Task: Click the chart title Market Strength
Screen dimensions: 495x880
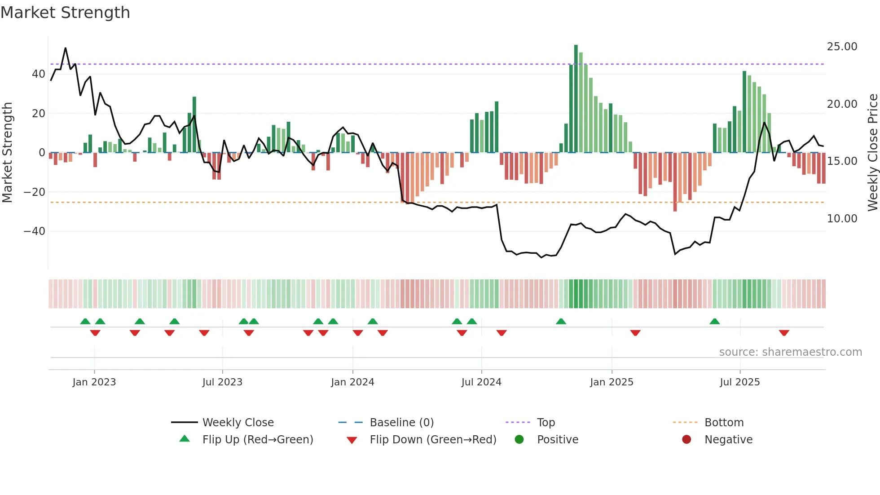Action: click(66, 13)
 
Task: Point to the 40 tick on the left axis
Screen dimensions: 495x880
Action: click(39, 74)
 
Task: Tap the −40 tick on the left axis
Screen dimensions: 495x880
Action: click(35, 231)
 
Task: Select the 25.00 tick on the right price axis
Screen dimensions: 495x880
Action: click(842, 47)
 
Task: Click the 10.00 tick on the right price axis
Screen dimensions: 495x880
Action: click(842, 219)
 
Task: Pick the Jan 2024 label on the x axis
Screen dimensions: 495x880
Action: click(352, 382)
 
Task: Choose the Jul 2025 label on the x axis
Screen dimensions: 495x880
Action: click(739, 382)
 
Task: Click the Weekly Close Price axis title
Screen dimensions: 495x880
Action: click(872, 153)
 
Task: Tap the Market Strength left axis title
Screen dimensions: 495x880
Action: click(8, 153)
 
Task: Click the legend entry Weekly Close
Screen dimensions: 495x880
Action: click(238, 423)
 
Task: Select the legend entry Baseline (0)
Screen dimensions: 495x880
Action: click(401, 423)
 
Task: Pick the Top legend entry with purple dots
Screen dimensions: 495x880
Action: click(546, 423)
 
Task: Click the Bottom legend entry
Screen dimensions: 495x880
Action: click(724, 423)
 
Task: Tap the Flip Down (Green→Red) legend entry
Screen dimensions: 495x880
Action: click(433, 440)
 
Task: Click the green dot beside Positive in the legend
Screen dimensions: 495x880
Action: click(519, 440)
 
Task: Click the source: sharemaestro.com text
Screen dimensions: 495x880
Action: click(790, 352)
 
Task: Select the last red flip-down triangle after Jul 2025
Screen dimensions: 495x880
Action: click(784, 333)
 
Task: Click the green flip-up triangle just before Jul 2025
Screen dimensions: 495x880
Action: click(715, 321)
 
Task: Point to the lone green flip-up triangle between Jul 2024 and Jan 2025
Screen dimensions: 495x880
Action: click(561, 321)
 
